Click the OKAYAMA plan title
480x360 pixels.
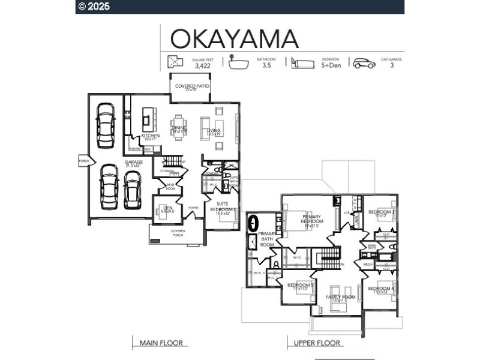click(x=235, y=38)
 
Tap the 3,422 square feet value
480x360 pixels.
click(x=203, y=66)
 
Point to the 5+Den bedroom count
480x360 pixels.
click(x=331, y=66)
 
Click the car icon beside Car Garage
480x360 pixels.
click(x=364, y=63)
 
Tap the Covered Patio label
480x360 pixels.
click(x=192, y=87)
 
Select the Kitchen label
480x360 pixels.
click(x=151, y=136)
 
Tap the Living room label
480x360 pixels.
click(x=214, y=131)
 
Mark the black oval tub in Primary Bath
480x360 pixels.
click(x=253, y=223)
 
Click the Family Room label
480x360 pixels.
click(x=341, y=298)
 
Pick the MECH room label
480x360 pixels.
click(x=368, y=264)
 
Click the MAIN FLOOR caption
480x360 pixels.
click(x=161, y=343)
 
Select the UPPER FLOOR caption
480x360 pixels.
click(x=317, y=343)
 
